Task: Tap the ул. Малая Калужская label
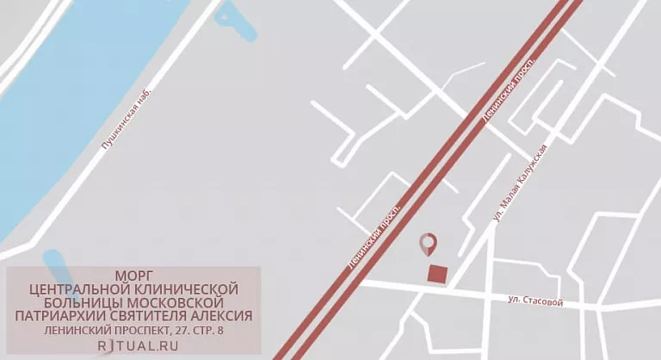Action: pos(521,185)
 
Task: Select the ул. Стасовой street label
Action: pos(534,301)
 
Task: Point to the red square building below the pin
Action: pos(438,274)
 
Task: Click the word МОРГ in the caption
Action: pos(133,275)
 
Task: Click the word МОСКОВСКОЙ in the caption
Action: pos(182,302)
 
